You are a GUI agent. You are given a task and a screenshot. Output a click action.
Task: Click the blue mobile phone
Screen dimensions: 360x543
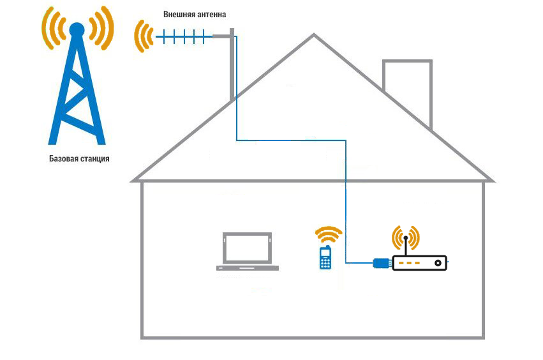point(325,258)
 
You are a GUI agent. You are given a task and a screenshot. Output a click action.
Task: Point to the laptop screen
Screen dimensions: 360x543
point(247,248)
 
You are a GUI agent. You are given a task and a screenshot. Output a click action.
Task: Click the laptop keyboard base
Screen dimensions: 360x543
point(248,267)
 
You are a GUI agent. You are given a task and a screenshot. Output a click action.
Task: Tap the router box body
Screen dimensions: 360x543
point(419,262)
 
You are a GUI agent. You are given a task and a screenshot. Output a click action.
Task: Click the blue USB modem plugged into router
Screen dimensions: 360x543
point(381,262)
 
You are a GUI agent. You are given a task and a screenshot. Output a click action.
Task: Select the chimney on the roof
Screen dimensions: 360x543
point(406,89)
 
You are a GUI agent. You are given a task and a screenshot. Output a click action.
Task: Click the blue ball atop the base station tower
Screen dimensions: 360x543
point(76,29)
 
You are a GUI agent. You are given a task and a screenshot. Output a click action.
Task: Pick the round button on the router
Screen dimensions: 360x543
point(438,262)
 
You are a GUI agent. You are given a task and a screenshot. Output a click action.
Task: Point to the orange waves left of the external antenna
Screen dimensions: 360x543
point(143,37)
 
